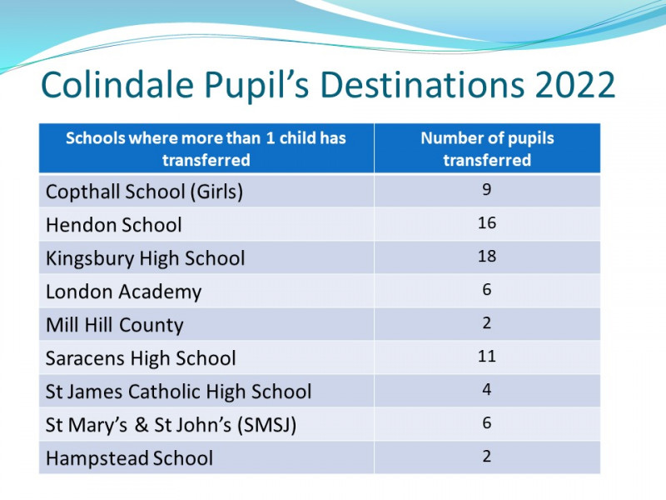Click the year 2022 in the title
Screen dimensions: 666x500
(x=575, y=85)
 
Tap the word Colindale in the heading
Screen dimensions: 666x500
(x=117, y=84)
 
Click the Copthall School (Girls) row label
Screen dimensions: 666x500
(x=144, y=192)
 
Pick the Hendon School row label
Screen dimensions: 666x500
(x=114, y=225)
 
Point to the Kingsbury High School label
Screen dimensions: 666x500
(x=145, y=258)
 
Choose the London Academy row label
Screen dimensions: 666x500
(x=123, y=292)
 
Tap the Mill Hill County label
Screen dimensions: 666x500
(x=115, y=325)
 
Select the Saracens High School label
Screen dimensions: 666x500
(x=141, y=358)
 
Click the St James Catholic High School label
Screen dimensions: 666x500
(x=179, y=392)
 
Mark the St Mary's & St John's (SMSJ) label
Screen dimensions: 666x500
(x=171, y=425)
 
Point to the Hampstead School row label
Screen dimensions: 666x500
(x=130, y=458)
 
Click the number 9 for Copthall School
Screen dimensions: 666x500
(x=487, y=189)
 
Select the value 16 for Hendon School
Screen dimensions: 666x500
(x=487, y=222)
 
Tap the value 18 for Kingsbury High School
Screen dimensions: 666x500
(x=487, y=256)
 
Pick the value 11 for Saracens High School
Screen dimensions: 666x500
(x=487, y=356)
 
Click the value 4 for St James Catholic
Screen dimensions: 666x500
(x=487, y=389)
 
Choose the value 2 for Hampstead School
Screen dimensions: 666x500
(x=487, y=456)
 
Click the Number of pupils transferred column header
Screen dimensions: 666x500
(x=487, y=149)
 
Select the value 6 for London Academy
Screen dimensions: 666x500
(x=487, y=289)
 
